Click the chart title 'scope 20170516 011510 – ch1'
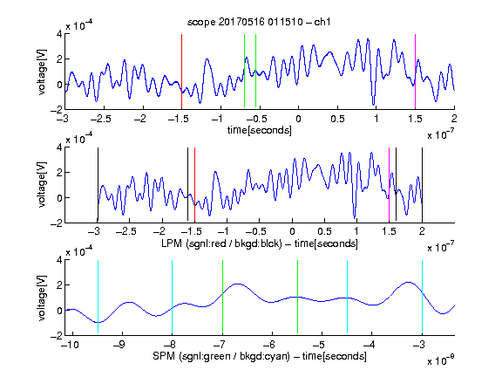[x=259, y=22]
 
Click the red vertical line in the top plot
[x=181, y=72]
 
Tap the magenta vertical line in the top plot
[x=415, y=72]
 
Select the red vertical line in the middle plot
[x=194, y=185]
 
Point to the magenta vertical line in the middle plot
[x=389, y=185]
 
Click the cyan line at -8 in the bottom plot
[x=173, y=298]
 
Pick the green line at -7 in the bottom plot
[x=222, y=298]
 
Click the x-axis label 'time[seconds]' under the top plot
[x=260, y=130]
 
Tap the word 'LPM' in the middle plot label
[x=172, y=243]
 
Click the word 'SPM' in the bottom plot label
[x=164, y=356]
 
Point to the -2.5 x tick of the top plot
[x=100, y=119]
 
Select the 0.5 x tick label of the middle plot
[x=324, y=231]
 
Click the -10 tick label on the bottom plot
[x=70, y=345]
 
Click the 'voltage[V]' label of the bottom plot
[x=42, y=298]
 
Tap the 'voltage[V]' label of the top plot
[x=42, y=72]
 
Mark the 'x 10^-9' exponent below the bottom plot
[x=440, y=360]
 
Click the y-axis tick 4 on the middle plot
[x=59, y=147]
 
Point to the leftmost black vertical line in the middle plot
[x=98, y=185]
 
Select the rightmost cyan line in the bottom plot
[x=423, y=298]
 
